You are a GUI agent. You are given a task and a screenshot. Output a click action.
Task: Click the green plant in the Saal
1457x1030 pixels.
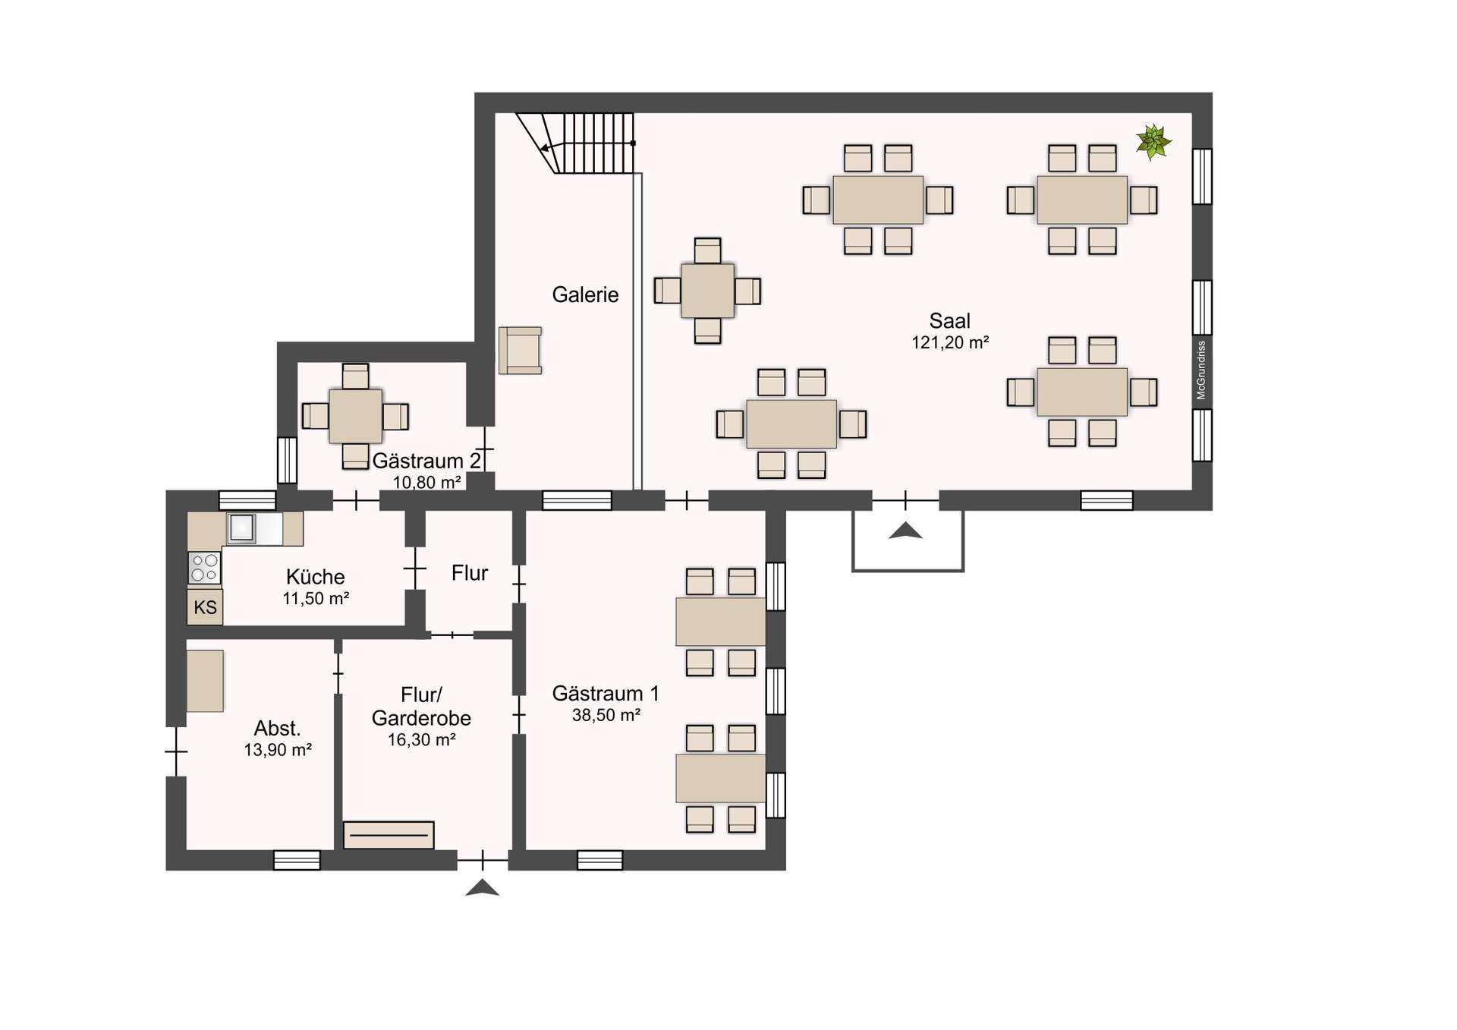click(1153, 142)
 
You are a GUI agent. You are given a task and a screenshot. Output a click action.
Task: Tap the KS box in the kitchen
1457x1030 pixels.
click(205, 607)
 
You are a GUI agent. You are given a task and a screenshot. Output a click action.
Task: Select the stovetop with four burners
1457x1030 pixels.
click(204, 568)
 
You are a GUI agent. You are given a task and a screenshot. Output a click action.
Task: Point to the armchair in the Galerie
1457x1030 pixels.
click(521, 351)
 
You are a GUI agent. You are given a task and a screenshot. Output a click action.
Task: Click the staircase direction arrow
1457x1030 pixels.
click(546, 148)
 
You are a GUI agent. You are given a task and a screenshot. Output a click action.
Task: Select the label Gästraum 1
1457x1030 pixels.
click(605, 693)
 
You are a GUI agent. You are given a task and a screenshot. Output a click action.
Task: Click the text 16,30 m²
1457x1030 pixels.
click(421, 739)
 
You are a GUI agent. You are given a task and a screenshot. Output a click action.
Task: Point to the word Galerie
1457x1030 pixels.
click(585, 295)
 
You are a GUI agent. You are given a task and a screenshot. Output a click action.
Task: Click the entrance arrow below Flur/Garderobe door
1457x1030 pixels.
click(482, 888)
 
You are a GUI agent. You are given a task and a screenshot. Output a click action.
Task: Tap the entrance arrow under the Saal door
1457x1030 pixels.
click(905, 531)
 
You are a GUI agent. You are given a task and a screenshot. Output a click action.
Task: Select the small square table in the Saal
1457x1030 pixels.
click(707, 291)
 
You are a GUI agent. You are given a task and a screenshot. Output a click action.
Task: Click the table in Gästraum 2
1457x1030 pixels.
click(355, 416)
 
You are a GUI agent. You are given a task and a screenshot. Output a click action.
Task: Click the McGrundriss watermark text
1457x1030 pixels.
click(1201, 370)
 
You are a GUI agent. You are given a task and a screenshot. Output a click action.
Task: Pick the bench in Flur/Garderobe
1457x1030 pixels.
click(389, 835)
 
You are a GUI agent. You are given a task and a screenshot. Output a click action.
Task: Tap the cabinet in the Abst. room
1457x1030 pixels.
click(205, 681)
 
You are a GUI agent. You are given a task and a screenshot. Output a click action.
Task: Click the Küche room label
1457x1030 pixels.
click(315, 576)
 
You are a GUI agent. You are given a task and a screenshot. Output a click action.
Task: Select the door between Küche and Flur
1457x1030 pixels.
click(414, 568)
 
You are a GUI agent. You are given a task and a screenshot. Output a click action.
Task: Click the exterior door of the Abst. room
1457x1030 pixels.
click(176, 751)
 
